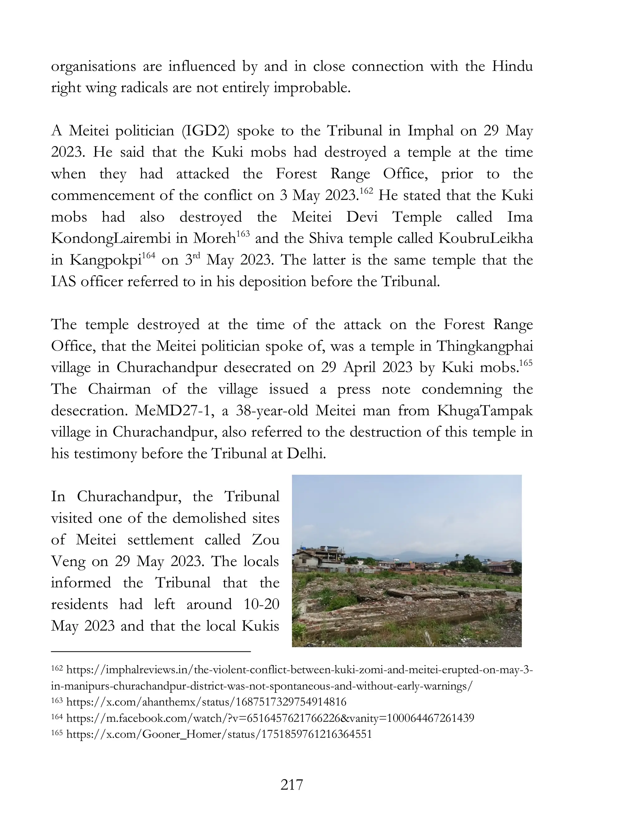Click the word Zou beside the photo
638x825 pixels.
(265, 540)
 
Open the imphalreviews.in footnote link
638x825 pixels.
(298, 670)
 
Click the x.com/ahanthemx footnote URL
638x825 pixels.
(206, 702)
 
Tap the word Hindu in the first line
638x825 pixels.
(512, 66)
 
